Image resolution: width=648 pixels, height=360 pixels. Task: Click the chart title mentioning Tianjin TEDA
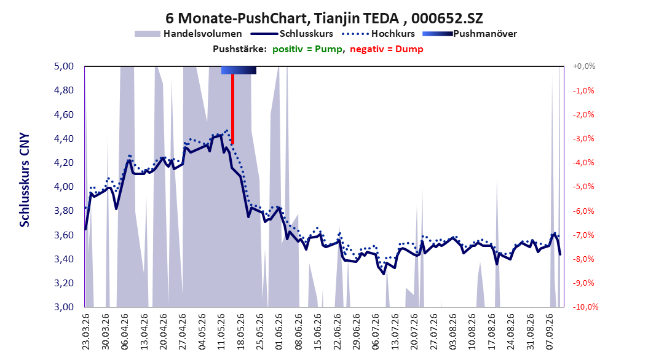coord(324,18)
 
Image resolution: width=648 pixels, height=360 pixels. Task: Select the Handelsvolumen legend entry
coord(188,34)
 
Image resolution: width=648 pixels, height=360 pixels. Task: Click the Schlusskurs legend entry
coord(292,34)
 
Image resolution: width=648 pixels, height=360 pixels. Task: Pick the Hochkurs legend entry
coord(378,34)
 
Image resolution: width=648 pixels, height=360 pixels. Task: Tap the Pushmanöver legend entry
coord(470,34)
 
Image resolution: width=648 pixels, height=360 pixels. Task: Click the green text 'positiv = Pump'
coord(307,49)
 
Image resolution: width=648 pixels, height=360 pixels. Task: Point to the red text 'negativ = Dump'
coord(387,49)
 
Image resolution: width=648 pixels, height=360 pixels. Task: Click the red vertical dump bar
coord(232,109)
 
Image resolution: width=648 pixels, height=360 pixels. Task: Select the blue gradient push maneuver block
coord(239,70)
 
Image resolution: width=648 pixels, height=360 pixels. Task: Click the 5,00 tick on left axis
coord(64,66)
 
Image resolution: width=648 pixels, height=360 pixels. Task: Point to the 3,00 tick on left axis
coord(64,307)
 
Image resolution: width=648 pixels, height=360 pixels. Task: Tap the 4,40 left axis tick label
coord(64,138)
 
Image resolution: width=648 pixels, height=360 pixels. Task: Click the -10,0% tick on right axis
coord(585,307)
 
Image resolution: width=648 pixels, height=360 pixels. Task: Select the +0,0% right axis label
coord(584,66)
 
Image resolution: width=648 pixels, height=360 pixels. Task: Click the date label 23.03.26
coord(86,332)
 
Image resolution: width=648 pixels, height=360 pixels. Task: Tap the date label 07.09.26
coord(550,332)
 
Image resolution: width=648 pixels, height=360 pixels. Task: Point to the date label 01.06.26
coord(279,332)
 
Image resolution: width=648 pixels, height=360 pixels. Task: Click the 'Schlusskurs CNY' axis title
coord(25,179)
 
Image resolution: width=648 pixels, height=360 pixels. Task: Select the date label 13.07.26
coord(395,332)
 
